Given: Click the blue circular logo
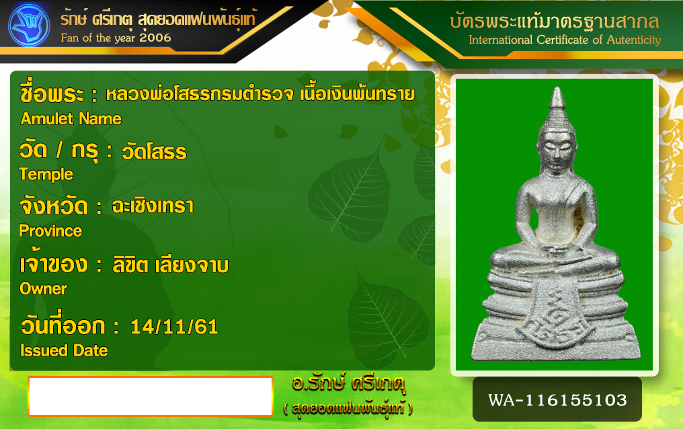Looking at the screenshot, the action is click(29, 26).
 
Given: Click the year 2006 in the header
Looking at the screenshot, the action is click(155, 38).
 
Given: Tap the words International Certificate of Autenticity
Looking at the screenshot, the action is click(565, 40).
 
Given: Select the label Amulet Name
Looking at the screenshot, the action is click(71, 119).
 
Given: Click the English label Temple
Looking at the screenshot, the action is click(46, 175).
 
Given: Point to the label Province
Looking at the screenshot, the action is click(50, 231).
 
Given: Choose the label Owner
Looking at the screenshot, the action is click(43, 288).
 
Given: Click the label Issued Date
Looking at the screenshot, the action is click(64, 350).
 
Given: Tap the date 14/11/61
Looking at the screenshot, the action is click(174, 327).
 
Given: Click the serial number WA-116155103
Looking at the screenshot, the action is click(557, 400).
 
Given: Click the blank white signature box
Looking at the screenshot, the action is click(151, 396).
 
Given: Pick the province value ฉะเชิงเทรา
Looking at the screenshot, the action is click(153, 206).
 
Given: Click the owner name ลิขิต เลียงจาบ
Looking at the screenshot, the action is click(170, 265).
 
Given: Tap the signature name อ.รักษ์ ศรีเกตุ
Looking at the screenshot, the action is click(349, 383).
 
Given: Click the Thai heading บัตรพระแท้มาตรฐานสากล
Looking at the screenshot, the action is click(555, 21).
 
